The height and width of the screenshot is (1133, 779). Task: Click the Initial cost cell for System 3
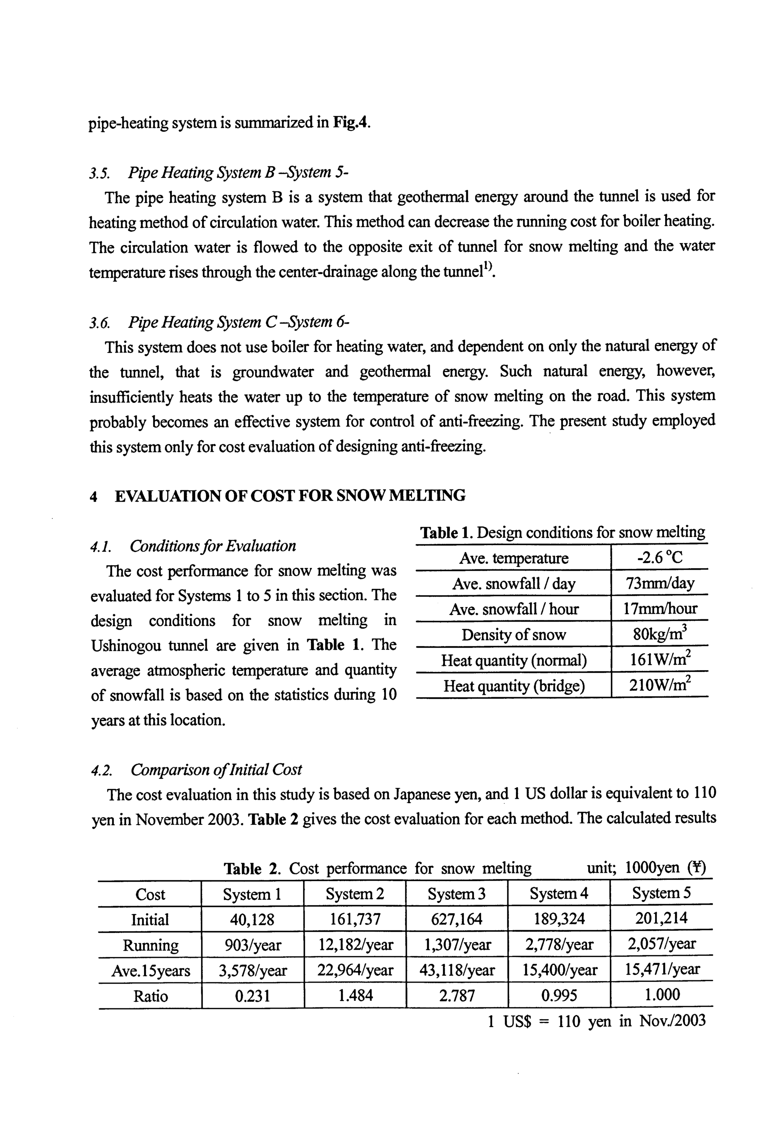pyautogui.click(x=456, y=919)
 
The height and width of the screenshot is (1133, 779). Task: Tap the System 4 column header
pyautogui.click(x=559, y=893)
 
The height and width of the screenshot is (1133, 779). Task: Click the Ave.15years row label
pyautogui.click(x=150, y=971)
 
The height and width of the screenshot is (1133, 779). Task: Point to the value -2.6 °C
pyautogui.click(x=660, y=558)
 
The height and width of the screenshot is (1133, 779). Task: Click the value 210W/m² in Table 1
pyautogui.click(x=660, y=685)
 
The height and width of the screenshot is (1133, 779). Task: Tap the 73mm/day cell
pyautogui.click(x=660, y=583)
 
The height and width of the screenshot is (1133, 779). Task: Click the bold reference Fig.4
pyautogui.click(x=349, y=122)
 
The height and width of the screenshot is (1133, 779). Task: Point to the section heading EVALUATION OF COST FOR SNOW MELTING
pyautogui.click(x=290, y=496)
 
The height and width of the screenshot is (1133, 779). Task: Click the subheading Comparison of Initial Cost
pyautogui.click(x=216, y=770)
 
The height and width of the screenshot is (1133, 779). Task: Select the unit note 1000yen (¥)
pyautogui.click(x=666, y=867)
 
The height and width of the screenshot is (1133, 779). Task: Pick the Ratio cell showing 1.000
pyautogui.click(x=662, y=995)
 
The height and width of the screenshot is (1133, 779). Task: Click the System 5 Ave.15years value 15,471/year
pyautogui.click(x=662, y=969)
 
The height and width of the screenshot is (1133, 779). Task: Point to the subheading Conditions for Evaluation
pyautogui.click(x=213, y=546)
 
